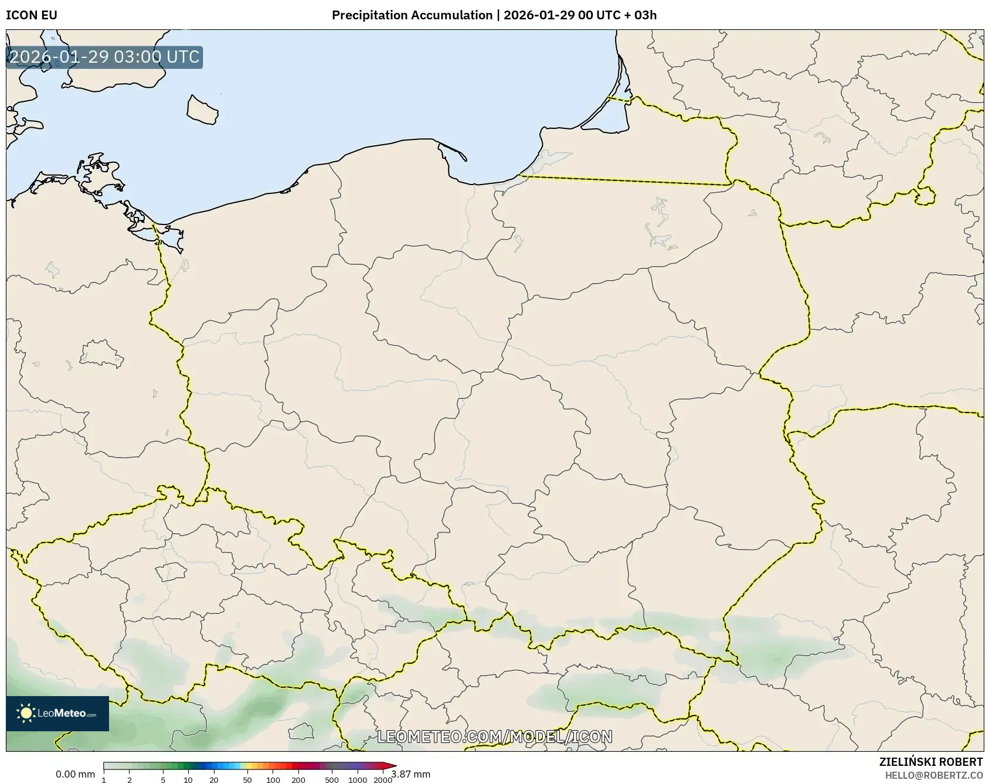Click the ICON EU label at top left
click(32, 15)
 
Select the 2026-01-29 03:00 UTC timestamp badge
click(104, 57)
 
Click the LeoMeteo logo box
click(57, 713)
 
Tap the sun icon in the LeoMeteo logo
click(26, 713)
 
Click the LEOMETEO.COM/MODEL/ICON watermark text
click(494, 737)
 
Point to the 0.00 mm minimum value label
click(75, 775)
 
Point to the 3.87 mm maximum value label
click(411, 775)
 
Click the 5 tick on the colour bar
click(163, 779)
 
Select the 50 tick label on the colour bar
click(247, 779)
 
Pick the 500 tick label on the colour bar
click(332, 779)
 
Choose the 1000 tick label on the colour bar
click(357, 779)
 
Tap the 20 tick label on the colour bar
click(213, 779)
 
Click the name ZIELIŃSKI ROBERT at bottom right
click(931, 762)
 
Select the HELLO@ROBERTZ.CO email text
click(934, 775)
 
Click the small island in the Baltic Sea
click(202, 110)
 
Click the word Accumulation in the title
click(452, 15)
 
